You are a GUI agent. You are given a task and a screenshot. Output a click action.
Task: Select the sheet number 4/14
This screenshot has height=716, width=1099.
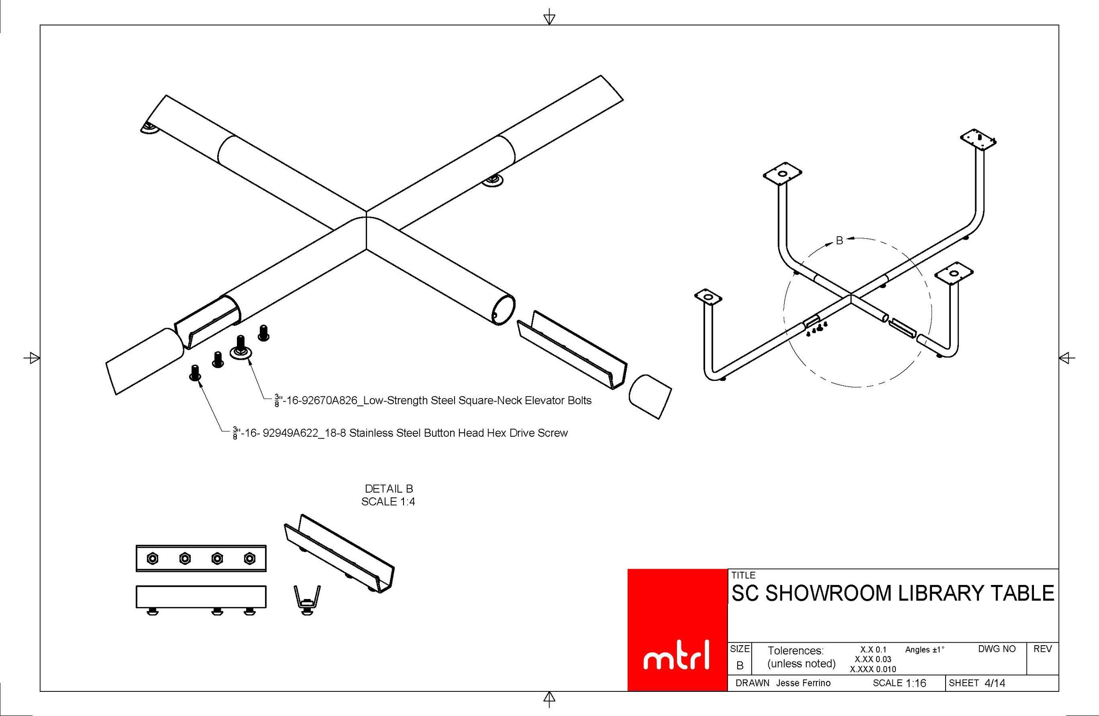tap(995, 683)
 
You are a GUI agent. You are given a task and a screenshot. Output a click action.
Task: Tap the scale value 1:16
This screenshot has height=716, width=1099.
tap(916, 683)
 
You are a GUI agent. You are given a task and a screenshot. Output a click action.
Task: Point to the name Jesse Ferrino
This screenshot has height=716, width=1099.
tap(803, 683)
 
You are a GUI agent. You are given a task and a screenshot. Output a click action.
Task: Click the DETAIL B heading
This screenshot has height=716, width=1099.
tap(389, 488)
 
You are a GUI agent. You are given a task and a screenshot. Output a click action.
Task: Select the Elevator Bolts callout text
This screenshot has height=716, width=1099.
tap(433, 401)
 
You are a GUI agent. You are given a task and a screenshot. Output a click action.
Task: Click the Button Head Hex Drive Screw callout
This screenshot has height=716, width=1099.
tap(400, 433)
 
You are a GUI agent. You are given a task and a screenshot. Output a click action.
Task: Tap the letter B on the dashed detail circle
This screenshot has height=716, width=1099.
tap(840, 240)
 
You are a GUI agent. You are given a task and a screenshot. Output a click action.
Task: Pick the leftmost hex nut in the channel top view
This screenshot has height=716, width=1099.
tap(152, 559)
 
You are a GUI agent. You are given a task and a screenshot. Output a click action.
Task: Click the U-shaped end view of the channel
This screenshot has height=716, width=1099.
tap(307, 599)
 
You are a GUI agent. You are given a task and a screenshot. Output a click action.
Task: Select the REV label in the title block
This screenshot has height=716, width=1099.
tap(1043, 649)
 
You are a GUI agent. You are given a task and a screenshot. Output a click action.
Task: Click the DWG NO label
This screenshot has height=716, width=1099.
tap(997, 649)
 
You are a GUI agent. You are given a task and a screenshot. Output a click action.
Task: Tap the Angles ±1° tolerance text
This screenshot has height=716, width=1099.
tap(924, 650)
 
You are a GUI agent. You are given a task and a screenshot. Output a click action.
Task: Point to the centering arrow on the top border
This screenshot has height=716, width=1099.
tap(549, 18)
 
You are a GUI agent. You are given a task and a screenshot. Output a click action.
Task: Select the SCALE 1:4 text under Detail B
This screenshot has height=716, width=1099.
tap(388, 502)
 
